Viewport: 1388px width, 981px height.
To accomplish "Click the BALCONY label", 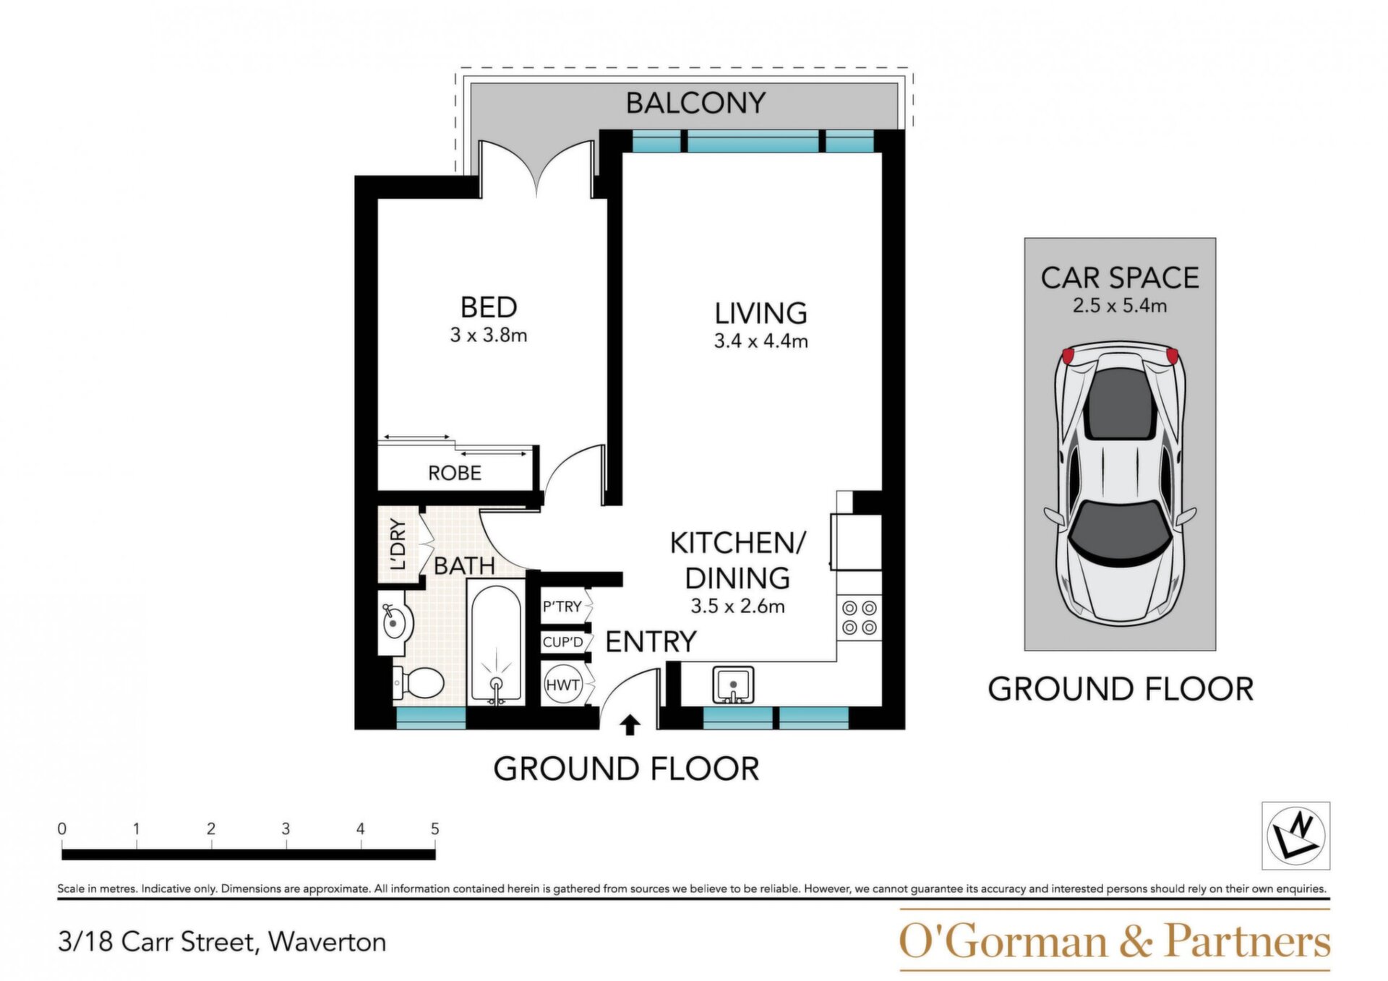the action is (695, 103).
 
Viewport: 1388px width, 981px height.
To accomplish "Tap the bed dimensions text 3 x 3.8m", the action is (489, 335).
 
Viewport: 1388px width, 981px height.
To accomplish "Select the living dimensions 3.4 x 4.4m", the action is (761, 341).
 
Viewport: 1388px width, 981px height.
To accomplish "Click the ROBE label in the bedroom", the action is (455, 474).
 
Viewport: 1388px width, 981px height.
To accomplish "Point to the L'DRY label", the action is (398, 544).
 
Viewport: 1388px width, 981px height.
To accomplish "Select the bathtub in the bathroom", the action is (496, 643).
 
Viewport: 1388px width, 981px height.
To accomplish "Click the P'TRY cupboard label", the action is (562, 607).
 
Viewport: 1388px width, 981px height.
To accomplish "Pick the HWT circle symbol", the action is (563, 685).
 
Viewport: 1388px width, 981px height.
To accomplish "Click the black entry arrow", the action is (630, 725).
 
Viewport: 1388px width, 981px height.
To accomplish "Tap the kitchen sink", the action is (733, 685).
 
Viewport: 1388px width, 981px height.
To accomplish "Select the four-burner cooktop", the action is (860, 618).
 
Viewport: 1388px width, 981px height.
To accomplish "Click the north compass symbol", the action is (1296, 836).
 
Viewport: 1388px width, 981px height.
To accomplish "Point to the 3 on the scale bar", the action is (286, 828).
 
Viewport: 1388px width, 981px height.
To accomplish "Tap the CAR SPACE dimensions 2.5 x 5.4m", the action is (1120, 306).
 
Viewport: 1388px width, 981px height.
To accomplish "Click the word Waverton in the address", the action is (327, 943).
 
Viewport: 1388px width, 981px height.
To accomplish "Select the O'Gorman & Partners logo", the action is (1115, 940).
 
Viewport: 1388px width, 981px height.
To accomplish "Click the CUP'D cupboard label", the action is (563, 642).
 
